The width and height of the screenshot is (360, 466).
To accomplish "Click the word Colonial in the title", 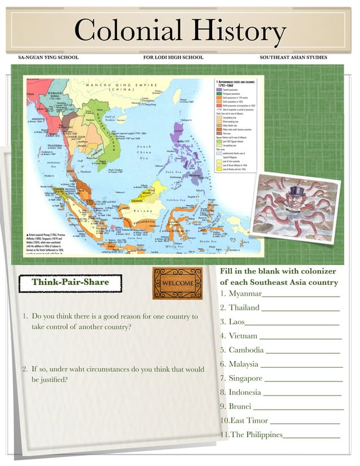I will pyautogui.click(x=128, y=32).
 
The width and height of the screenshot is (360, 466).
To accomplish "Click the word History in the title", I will pyautogui.click(x=237, y=32).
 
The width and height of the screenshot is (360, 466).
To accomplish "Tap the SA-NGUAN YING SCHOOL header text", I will pyautogui.click(x=49, y=58).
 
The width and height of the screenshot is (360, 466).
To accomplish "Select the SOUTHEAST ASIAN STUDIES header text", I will pyautogui.click(x=293, y=58).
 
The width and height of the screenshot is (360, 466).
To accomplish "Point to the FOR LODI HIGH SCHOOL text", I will pyautogui.click(x=173, y=58).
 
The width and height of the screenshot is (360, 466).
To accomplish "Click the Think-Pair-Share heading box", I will pyautogui.click(x=70, y=282).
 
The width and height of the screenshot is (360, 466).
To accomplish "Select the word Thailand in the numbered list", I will pyautogui.click(x=244, y=308).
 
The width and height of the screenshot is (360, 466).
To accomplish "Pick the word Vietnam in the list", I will pyautogui.click(x=243, y=336).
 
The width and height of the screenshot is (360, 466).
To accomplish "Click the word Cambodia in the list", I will pyautogui.click(x=246, y=350).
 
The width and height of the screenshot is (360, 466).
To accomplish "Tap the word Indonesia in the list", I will pyautogui.click(x=245, y=393).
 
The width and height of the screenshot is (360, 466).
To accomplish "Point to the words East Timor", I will pyautogui.click(x=249, y=421).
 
